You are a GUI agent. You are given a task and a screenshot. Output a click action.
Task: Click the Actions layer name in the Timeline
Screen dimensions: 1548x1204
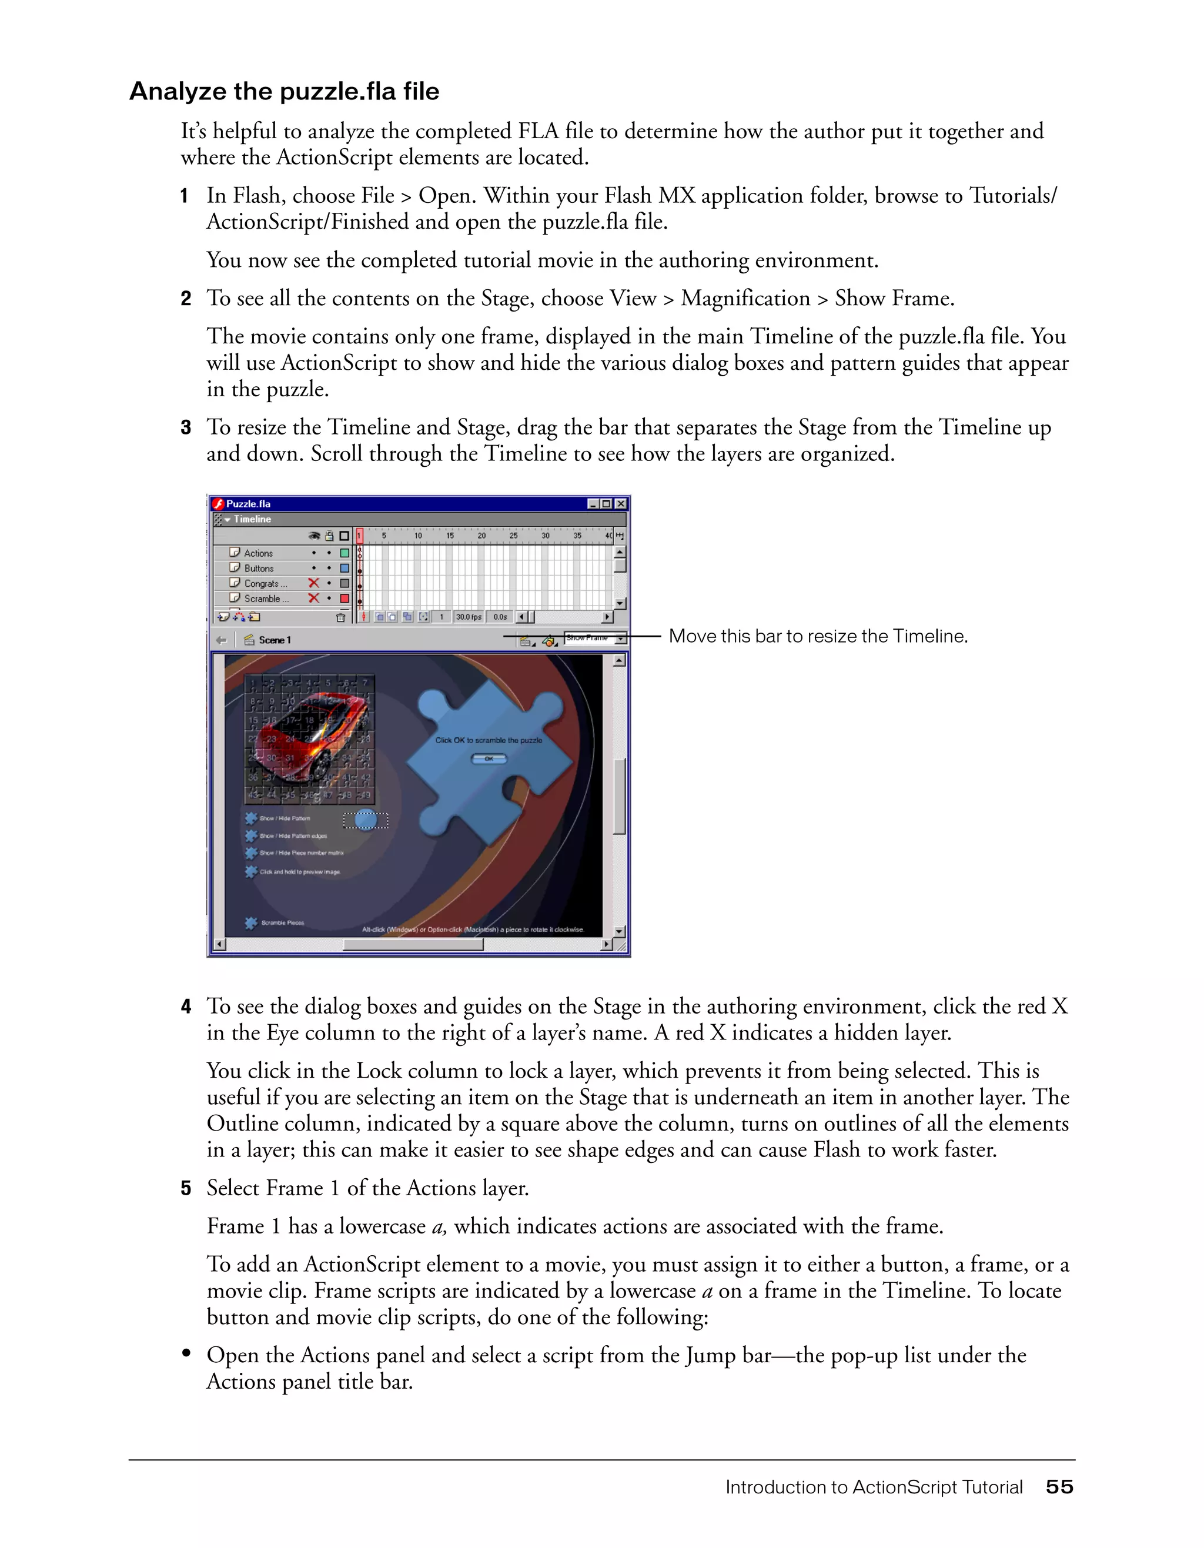(258, 553)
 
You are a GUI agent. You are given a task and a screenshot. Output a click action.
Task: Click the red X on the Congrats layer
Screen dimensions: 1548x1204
(313, 583)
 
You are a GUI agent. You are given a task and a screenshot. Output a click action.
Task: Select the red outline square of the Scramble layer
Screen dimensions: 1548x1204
(345, 599)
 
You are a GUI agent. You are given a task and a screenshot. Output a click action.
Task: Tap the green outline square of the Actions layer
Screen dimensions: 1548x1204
(345, 553)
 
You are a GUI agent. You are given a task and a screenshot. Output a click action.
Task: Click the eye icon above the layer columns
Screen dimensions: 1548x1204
(314, 536)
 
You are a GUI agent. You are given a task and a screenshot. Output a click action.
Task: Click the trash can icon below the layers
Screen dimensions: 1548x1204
(340, 617)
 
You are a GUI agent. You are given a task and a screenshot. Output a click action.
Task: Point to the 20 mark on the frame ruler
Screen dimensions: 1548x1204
(481, 536)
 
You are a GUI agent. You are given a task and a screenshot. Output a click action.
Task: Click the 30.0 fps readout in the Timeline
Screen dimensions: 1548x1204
(469, 617)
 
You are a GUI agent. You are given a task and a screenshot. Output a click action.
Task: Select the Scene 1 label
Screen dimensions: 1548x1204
(274, 640)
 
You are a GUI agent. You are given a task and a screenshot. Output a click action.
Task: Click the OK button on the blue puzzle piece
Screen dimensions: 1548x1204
(489, 758)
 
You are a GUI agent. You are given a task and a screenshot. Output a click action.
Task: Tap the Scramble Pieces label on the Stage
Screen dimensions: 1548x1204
(282, 923)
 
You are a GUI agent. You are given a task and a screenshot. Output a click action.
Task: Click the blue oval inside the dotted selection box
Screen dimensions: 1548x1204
(366, 820)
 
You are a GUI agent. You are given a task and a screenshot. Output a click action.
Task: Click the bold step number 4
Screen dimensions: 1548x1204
(186, 1007)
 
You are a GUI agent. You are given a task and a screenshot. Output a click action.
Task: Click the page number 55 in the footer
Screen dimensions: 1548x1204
(1059, 1487)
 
